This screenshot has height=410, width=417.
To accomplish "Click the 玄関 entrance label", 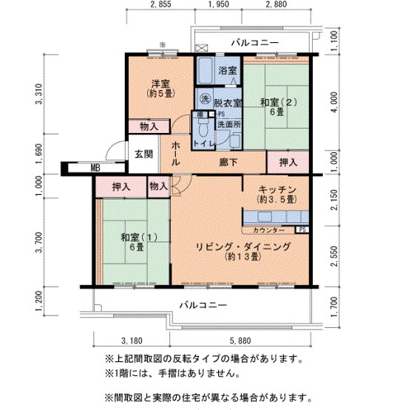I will click(143, 154).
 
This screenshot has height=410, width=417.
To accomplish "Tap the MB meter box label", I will click(95, 168).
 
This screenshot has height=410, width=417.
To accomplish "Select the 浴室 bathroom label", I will click(227, 71).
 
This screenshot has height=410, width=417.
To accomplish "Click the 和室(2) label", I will click(277, 103).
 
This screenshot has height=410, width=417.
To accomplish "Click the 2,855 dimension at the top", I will click(160, 5).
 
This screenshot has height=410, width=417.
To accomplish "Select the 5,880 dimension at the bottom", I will click(241, 341).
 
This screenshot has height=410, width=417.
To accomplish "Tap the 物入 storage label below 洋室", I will click(149, 127).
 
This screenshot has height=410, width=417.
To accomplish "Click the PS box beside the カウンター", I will click(305, 230).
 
